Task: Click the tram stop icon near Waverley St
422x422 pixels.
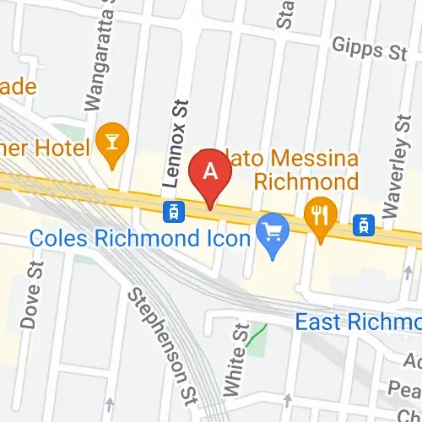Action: [364, 225]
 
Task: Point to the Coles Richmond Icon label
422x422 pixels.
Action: [140, 238]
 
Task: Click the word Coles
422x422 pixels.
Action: [57, 238]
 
